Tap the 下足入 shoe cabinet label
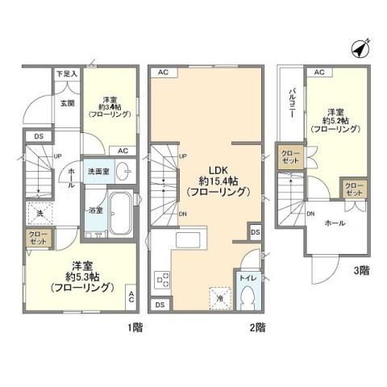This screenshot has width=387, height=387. pos(66,74)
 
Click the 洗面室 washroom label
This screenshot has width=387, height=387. pos(100,170)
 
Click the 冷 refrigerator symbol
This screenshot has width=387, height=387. pos(219,298)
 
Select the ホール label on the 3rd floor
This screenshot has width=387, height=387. pos(336,222)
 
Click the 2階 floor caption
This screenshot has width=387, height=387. pos(257,329)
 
